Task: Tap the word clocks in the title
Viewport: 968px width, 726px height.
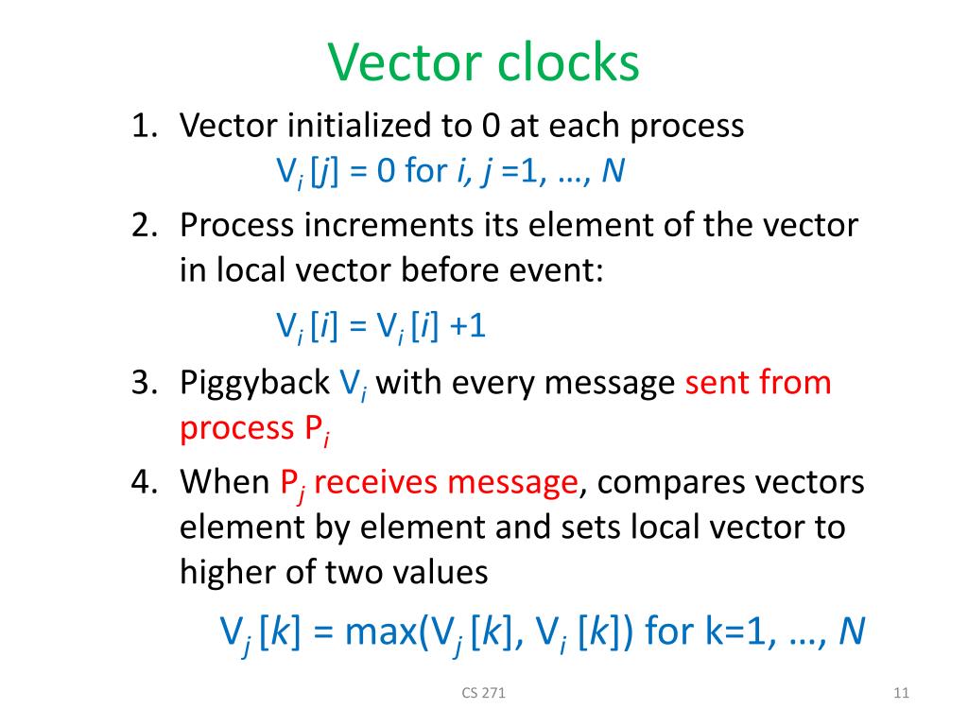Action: click(x=565, y=64)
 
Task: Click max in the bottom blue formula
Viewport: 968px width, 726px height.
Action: click(x=376, y=631)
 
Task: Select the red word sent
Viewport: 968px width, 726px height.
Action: click(x=719, y=384)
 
